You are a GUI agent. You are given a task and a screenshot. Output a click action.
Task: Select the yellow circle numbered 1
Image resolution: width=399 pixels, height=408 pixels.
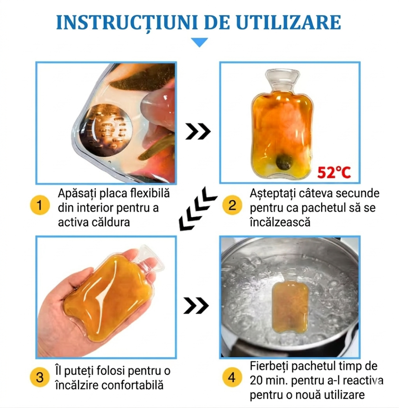coord(40,205)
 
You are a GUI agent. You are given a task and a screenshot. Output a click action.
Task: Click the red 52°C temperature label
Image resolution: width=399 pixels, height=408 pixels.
coord(334,173)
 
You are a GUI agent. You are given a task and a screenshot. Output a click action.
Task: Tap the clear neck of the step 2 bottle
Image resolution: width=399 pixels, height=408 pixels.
coord(282,80)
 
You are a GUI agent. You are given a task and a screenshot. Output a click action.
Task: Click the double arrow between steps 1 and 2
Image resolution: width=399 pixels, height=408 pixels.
coord(198,131)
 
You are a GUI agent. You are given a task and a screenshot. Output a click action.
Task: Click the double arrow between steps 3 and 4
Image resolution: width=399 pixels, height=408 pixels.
coord(196,305)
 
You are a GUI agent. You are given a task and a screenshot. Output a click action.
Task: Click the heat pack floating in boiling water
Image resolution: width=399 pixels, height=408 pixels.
coord(290,306)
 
